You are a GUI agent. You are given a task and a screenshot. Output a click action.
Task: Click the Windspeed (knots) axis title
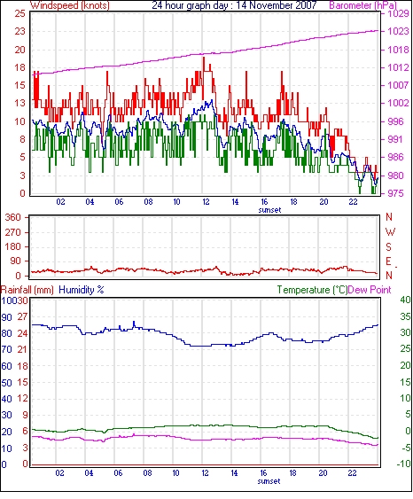[x=70, y=5]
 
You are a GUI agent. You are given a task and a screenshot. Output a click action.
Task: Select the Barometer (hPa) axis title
[x=363, y=5]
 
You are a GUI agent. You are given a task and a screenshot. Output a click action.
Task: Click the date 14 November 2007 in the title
[x=277, y=5]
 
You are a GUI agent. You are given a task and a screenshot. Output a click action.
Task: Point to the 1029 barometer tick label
[x=398, y=13]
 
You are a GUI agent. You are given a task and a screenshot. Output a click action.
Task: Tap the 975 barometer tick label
[x=395, y=193]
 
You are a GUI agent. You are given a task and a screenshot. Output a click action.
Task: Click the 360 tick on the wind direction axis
[x=13, y=218]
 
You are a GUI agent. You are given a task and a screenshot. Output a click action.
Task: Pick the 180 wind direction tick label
[x=13, y=247]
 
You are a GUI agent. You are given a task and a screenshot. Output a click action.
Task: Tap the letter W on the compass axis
[x=390, y=232]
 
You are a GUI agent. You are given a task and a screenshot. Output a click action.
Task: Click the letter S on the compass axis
[x=388, y=247]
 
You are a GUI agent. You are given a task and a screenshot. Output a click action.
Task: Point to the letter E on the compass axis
[x=388, y=261]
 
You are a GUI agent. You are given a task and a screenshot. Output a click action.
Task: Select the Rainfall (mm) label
[x=27, y=290]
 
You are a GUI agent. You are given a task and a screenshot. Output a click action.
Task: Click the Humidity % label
[x=82, y=290]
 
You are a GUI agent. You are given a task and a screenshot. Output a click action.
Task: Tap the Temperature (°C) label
[x=312, y=290]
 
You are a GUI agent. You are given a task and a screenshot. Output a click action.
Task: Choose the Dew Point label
[x=370, y=290]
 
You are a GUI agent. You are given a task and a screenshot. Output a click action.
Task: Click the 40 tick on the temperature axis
[x=405, y=300]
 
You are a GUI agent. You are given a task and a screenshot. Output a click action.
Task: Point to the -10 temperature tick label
[x=404, y=464]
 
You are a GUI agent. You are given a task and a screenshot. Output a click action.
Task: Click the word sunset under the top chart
[x=269, y=210]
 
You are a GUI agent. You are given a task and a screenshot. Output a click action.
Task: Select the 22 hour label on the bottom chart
[x=352, y=473]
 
